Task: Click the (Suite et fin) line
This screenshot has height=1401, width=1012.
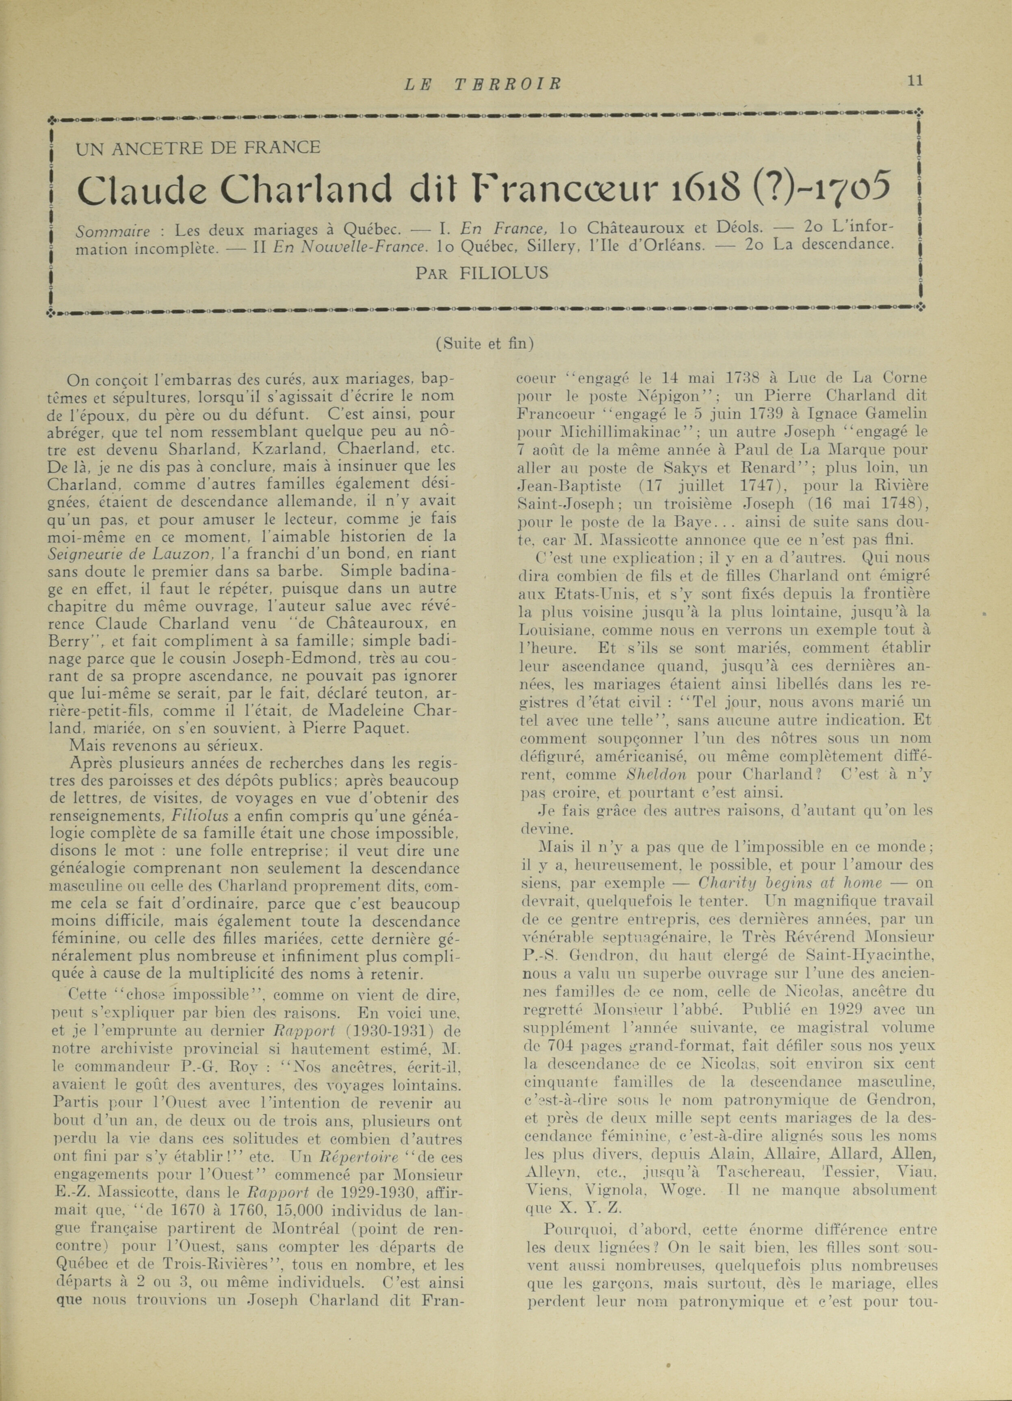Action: pos(484,343)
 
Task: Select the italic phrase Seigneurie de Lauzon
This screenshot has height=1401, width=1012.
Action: pos(130,554)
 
